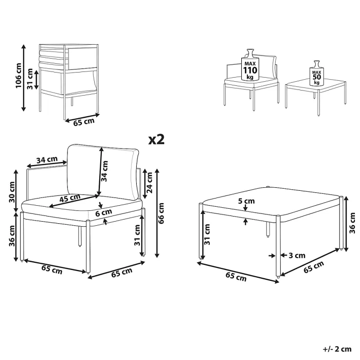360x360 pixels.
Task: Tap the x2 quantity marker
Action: pyautogui.click(x=156, y=139)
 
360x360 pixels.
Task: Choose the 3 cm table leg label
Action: pyautogui.click(x=298, y=255)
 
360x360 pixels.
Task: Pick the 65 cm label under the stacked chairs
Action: pyautogui.click(x=82, y=122)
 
